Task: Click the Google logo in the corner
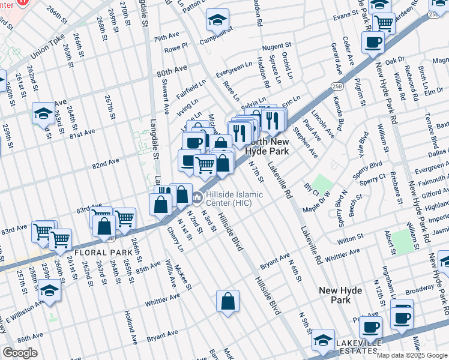point(20,352)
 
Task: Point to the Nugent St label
point(277,46)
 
